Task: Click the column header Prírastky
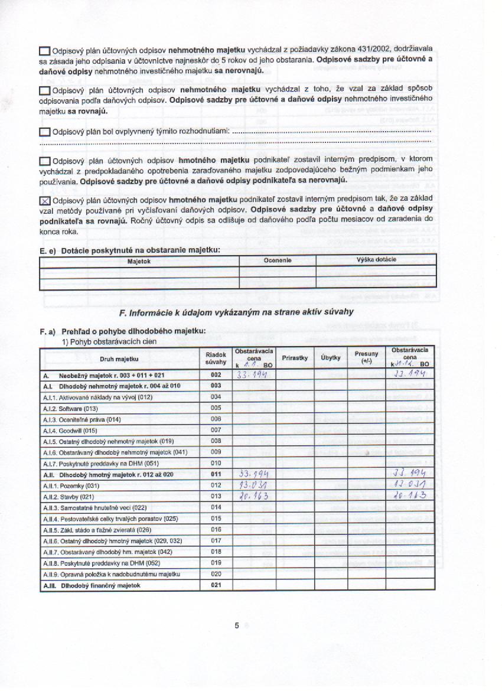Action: (294, 357)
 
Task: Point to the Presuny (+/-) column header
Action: (366, 357)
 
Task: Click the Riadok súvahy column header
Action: (216, 357)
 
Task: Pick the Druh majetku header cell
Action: (119, 358)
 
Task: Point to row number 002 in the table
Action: (216, 374)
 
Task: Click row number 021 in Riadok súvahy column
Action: (216, 585)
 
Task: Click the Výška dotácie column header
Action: (376, 260)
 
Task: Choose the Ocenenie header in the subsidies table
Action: (278, 260)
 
